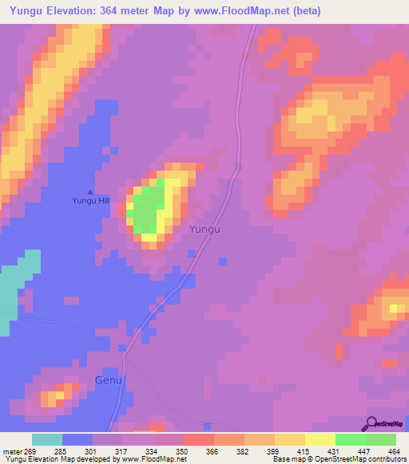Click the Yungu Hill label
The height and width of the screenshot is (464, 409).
(90, 201)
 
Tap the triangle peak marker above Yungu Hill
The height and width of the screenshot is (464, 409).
(90, 191)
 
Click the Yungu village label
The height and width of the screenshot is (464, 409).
(204, 229)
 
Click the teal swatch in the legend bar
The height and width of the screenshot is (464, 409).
(46, 438)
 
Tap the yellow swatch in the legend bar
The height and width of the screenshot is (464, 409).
(320, 438)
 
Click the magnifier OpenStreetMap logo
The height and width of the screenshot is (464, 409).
(370, 423)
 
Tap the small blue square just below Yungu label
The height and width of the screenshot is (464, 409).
(192, 254)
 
